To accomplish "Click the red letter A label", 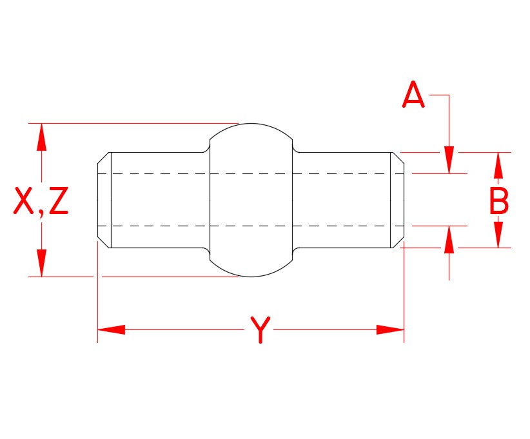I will point(413,96).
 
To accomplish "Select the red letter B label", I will point(498,201).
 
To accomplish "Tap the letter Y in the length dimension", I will point(259,330).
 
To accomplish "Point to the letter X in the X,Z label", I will point(24,202).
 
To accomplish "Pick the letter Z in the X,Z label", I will point(57,202).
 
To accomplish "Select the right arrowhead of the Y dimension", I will point(390,329).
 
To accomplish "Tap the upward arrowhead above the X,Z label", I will point(42,137).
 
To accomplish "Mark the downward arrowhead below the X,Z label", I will point(42,263).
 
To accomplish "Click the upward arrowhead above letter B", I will point(498,166).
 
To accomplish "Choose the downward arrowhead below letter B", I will point(498,235).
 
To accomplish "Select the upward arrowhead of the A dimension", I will point(449,240).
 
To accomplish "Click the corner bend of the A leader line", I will point(449,95).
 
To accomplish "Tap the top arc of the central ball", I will point(251,123).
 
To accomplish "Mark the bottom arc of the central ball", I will point(251,277).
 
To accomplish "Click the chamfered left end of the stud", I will point(104,200).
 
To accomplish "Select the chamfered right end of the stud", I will point(398,200).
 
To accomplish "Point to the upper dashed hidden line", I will point(251,173).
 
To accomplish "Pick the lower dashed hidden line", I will point(251,226).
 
